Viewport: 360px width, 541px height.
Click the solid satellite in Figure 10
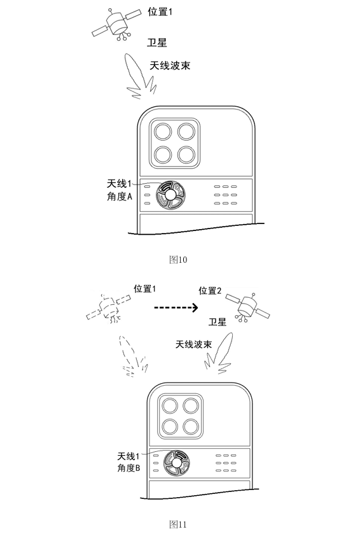[x=116, y=24]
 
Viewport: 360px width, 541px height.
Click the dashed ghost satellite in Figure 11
[x=109, y=308]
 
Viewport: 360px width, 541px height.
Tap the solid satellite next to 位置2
[x=247, y=307]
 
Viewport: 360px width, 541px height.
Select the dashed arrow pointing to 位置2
[x=176, y=307]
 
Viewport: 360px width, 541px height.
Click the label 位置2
[x=210, y=291]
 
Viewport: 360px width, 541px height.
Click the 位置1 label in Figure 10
[x=160, y=12]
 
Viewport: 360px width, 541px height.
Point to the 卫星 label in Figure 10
[x=157, y=43]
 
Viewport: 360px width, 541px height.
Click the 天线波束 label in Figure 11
[x=193, y=344]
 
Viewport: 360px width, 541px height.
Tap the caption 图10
[x=178, y=260]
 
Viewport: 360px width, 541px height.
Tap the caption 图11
[x=178, y=524]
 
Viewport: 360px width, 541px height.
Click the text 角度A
[x=120, y=197]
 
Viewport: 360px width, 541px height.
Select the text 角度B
[x=128, y=468]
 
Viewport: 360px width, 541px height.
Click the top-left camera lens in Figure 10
[x=163, y=132]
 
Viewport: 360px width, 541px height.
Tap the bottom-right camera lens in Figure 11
[x=191, y=427]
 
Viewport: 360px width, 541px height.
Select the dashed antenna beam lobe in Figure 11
[x=133, y=356]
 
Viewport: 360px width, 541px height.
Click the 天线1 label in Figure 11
[x=128, y=456]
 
